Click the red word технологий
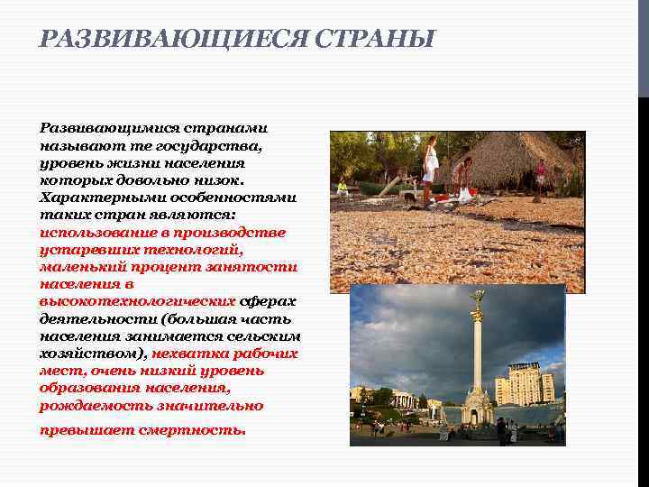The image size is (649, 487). pos(197,250)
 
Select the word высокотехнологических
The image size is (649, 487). pos(138,302)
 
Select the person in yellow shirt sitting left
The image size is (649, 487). pos(343,188)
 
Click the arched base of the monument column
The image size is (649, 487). pos(477,408)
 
